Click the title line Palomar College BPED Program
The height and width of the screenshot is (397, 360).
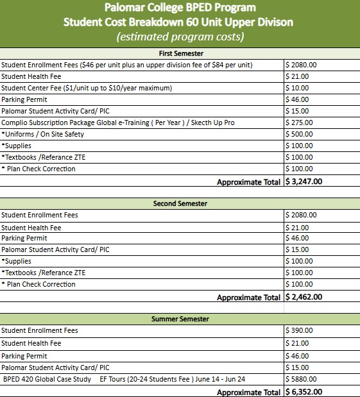[180, 8]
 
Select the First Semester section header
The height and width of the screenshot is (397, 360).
[180, 53]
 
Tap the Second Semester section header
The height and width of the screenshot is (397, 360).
[180, 203]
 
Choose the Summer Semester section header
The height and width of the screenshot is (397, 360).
[180, 319]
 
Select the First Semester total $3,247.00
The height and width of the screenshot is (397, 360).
[304, 182]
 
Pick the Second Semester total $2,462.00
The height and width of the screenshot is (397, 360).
[304, 297]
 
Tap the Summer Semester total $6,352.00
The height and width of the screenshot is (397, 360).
[304, 392]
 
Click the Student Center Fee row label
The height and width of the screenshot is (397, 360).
[87, 88]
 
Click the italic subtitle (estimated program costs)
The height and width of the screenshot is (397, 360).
[180, 37]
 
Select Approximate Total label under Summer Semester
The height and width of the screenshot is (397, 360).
[249, 392]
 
